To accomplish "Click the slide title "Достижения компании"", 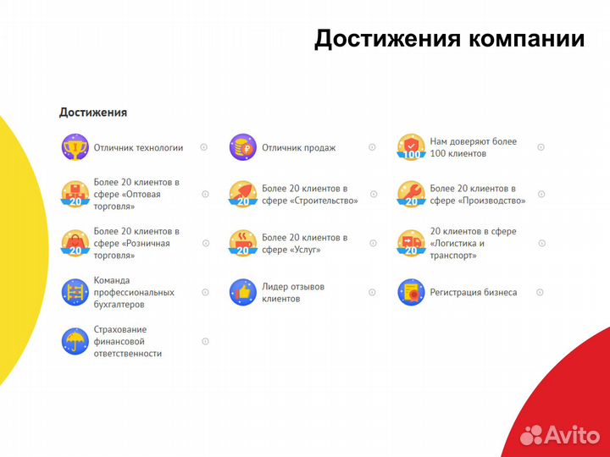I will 449,40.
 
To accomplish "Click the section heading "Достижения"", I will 93,112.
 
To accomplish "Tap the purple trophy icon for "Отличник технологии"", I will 75,147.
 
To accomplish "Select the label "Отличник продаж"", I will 298,148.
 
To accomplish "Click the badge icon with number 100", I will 411,147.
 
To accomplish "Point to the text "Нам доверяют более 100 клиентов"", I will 473,147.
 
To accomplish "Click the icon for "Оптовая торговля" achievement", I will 75,194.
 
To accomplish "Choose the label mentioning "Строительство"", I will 309,195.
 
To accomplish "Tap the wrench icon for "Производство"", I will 411,194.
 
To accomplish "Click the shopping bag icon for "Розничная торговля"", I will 75,243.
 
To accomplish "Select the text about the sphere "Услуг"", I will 304,244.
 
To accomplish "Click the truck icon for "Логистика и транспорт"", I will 411,243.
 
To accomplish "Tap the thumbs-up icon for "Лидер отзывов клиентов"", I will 242,293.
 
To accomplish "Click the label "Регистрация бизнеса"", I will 473,293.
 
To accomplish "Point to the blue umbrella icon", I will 75,341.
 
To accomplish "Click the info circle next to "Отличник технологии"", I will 203,147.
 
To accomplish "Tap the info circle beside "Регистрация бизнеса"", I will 541,293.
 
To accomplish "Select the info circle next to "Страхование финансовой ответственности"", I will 205,341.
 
